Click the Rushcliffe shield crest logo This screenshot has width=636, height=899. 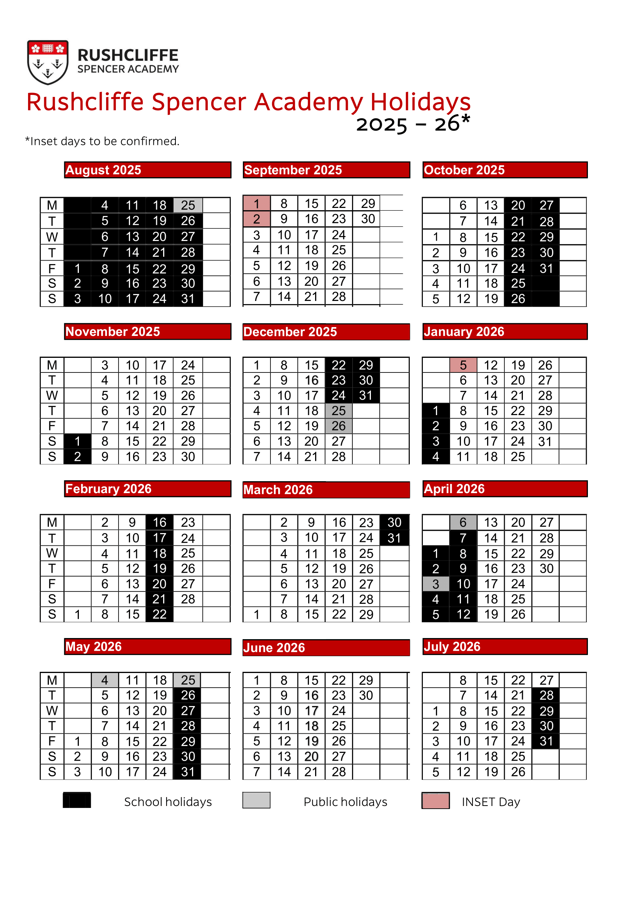pos(48,62)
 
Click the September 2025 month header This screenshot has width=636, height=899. pos(326,170)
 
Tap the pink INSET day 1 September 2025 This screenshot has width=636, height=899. pos(256,204)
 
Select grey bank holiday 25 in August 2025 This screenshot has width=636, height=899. pos(188,205)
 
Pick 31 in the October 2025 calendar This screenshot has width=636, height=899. pos(546,269)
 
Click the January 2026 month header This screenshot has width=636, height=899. pos(504,332)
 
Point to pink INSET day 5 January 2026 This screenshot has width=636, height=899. pos(463,365)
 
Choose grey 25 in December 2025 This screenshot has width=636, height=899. pos(339,411)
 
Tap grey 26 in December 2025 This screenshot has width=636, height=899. pos(339,426)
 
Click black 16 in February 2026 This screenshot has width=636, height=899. pos(160,522)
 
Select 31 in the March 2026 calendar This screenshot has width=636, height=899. pos(394,538)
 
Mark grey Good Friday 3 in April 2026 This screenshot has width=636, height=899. pos(436,584)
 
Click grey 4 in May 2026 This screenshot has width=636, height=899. pos(105,680)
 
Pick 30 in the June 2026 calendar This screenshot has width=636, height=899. pos(366,695)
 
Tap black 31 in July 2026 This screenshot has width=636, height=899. pos(546,741)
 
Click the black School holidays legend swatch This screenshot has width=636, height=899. pos(77,800)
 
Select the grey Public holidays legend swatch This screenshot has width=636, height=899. pos(256,800)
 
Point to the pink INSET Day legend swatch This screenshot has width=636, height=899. pos(436,800)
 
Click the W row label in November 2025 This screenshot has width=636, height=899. pos(52,395)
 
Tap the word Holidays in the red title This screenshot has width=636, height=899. pos(420,102)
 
